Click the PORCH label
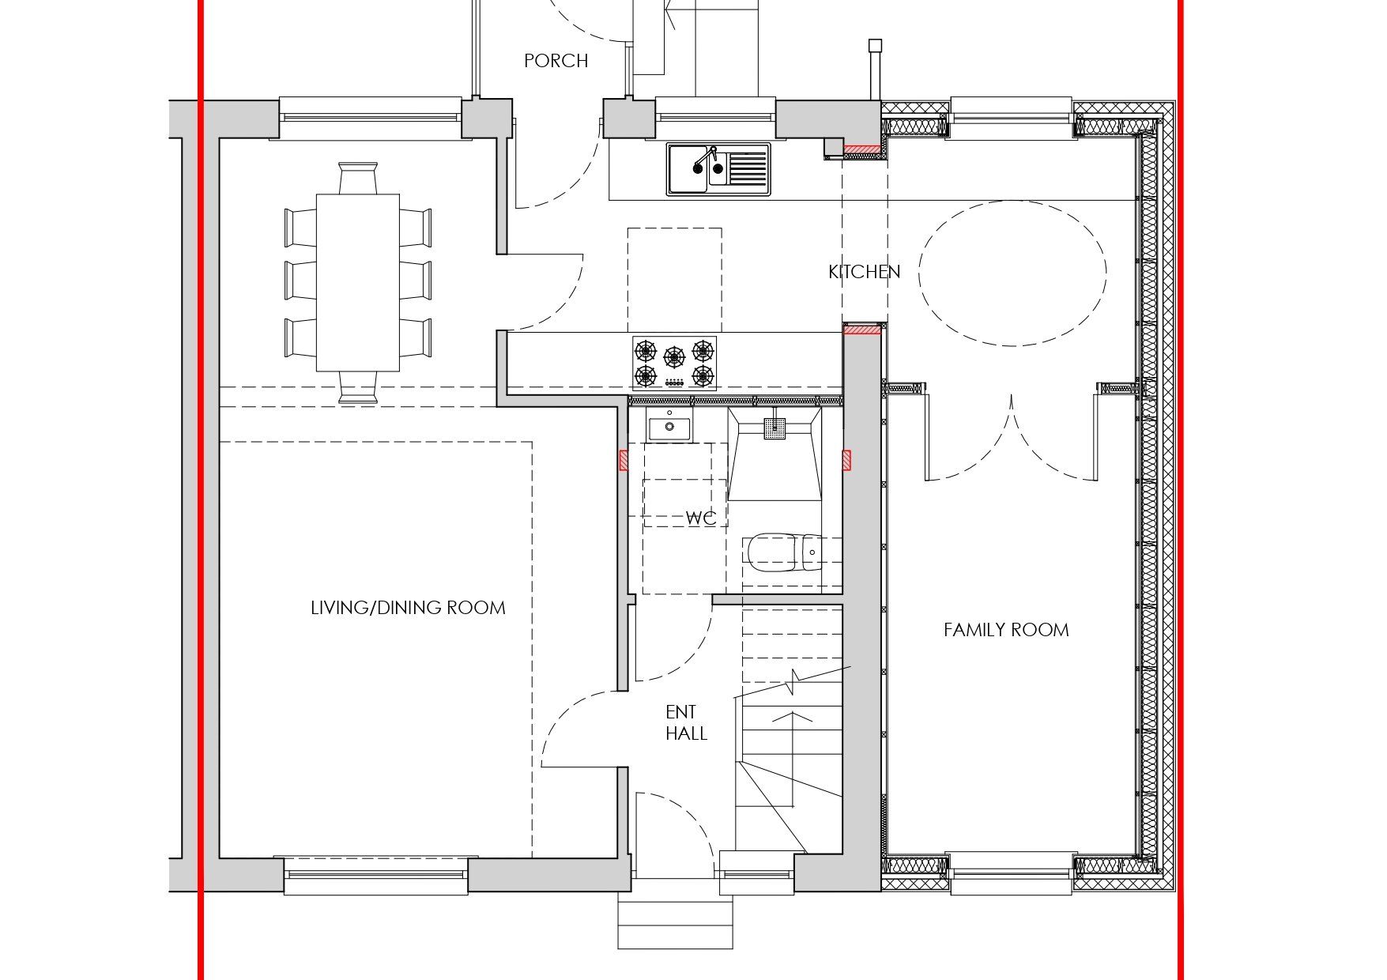click(x=556, y=61)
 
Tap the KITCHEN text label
click(x=864, y=272)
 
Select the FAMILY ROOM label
click(x=1006, y=630)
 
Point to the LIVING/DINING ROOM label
click(x=408, y=608)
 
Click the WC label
click(x=701, y=518)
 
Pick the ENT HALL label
click(x=686, y=723)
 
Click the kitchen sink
click(x=718, y=168)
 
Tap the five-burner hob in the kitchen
click(x=674, y=363)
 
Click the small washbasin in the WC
click(x=669, y=428)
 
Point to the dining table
click(x=358, y=282)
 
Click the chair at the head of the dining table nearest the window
click(x=358, y=178)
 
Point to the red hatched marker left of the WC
click(x=624, y=461)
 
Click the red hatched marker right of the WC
click(x=847, y=461)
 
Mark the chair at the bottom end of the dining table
click(x=358, y=387)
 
